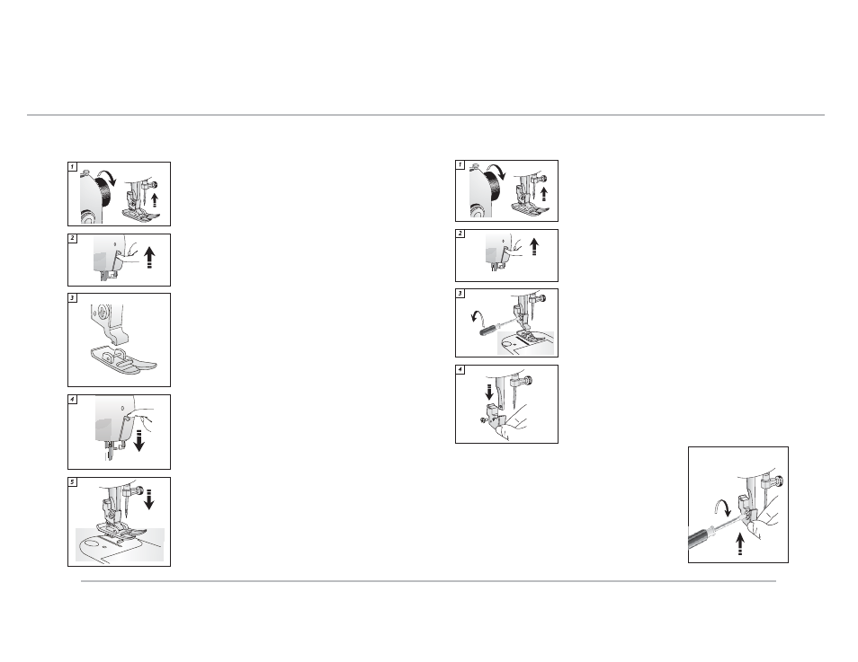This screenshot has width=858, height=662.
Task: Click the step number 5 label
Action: [72, 482]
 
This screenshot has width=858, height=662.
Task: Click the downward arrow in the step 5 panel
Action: [148, 498]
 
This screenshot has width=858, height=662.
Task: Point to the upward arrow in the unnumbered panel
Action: [740, 544]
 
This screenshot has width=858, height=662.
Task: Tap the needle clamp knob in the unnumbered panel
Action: [779, 481]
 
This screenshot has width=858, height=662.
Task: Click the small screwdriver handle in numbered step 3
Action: [488, 331]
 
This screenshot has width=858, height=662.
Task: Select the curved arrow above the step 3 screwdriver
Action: [478, 315]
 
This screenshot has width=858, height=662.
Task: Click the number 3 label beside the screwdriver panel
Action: [460, 294]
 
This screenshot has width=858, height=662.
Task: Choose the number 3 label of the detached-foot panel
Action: [72, 298]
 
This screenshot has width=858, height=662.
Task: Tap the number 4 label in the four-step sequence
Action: [460, 369]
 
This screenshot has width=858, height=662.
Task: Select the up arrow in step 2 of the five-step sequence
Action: [148, 258]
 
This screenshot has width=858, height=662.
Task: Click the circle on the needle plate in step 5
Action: [92, 544]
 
